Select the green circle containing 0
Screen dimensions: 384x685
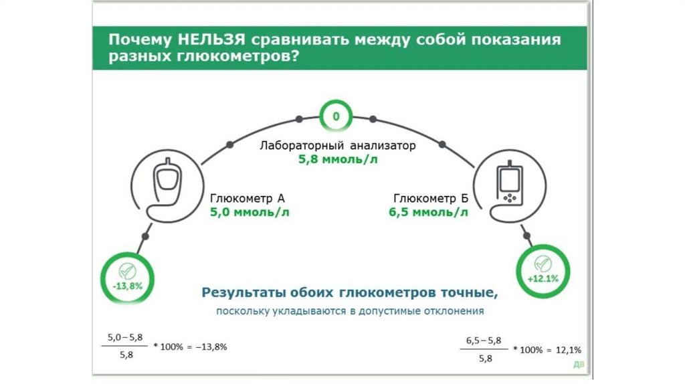coord(336,117)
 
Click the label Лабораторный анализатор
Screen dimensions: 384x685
coord(338,145)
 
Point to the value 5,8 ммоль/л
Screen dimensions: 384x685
coord(338,160)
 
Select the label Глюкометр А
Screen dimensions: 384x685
coord(248,199)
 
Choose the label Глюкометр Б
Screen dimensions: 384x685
coord(431,199)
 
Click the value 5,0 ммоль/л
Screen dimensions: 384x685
coord(250,213)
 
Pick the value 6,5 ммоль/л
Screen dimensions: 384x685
coord(429,213)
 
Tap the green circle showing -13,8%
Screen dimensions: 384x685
coord(127,276)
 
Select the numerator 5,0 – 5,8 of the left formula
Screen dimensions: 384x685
coord(126,339)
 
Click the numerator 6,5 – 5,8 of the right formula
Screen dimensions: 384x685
coord(487,341)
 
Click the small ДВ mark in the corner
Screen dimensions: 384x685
coord(577,365)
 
